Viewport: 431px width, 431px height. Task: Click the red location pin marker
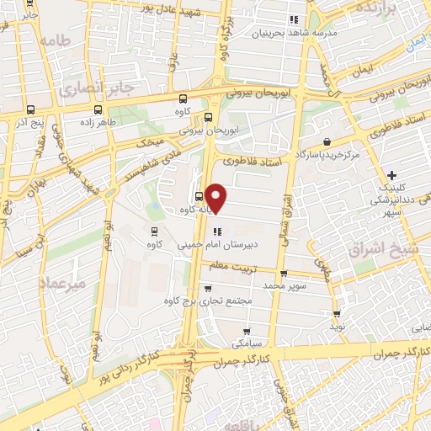tap(217, 198)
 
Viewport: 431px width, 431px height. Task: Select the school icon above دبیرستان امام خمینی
tap(217, 231)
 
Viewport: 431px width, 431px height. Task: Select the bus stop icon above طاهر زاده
tap(99, 109)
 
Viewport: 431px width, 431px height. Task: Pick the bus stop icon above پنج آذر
tap(31, 109)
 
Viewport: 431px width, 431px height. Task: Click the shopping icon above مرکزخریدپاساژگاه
tap(326, 142)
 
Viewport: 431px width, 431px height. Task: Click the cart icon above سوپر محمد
tap(284, 273)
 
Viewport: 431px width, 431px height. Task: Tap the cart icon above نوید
tap(337, 314)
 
